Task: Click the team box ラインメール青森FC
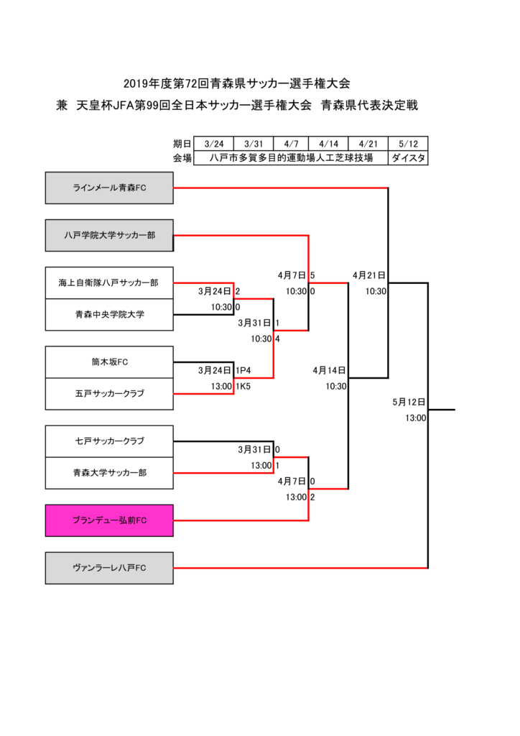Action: pyautogui.click(x=109, y=188)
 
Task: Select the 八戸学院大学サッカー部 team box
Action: pyautogui.click(x=109, y=235)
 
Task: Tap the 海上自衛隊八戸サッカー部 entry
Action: pyautogui.click(x=109, y=283)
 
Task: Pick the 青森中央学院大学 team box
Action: pyautogui.click(x=109, y=315)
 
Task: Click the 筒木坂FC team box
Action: pyautogui.click(x=109, y=362)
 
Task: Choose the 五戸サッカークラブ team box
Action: pyautogui.click(x=109, y=394)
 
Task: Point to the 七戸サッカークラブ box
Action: pyautogui.click(x=109, y=441)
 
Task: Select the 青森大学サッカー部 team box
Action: pyautogui.click(x=109, y=472)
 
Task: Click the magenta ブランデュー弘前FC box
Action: pyautogui.click(x=109, y=520)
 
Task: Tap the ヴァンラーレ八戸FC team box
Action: pyautogui.click(x=109, y=568)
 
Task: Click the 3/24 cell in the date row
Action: pyautogui.click(x=214, y=144)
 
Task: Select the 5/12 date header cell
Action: pyautogui.click(x=408, y=144)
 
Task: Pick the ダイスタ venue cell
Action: pyautogui.click(x=408, y=158)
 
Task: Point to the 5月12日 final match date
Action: pyautogui.click(x=409, y=402)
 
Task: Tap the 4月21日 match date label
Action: pyautogui.click(x=369, y=275)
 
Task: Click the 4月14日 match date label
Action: pyautogui.click(x=330, y=370)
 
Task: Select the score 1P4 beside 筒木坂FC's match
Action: pyautogui.click(x=243, y=370)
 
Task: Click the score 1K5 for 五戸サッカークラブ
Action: pyautogui.click(x=243, y=386)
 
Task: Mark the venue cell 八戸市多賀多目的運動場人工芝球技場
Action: pyautogui.click(x=291, y=158)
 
